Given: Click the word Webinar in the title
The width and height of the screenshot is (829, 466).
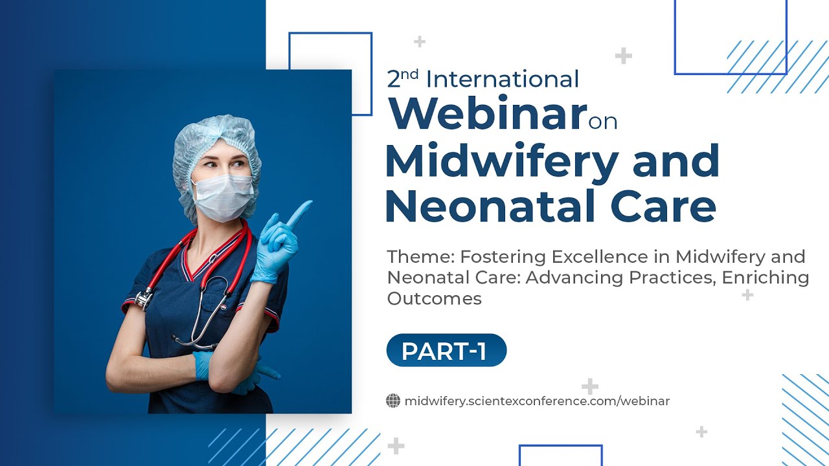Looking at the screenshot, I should click(487, 113).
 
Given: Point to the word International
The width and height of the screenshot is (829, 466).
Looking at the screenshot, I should click(502, 80).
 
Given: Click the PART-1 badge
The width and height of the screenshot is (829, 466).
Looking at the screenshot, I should click(446, 351).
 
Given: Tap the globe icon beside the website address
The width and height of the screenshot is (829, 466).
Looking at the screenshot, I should click(393, 401).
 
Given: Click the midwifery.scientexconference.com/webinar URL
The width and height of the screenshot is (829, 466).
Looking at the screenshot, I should click(537, 401).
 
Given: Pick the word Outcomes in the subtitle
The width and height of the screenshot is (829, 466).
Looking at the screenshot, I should click(434, 298).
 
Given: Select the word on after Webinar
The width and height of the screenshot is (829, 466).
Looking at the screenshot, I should click(603, 121).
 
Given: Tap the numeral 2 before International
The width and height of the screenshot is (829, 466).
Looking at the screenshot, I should click(394, 80).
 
